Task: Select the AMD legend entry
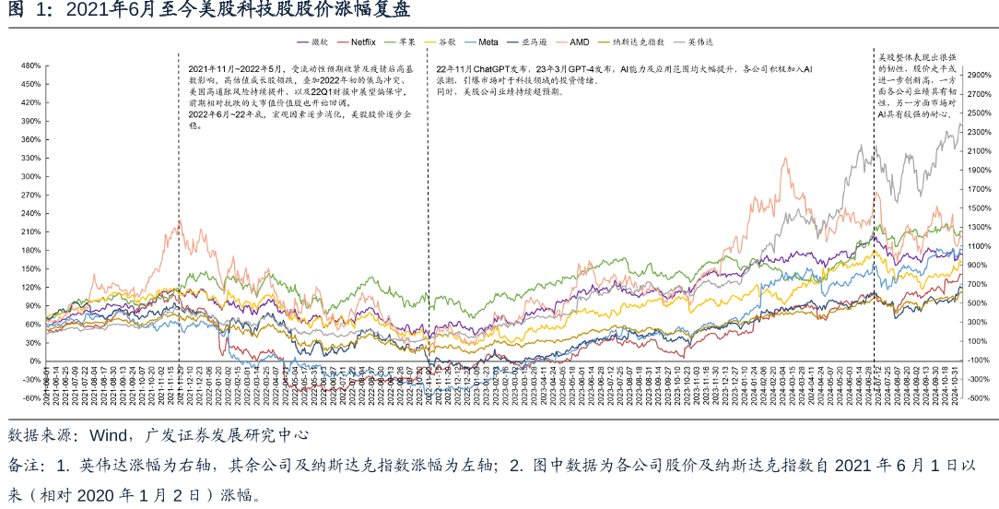pyautogui.click(x=580, y=42)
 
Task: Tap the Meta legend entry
pyautogui.click(x=488, y=42)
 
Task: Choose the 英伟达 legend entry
pyautogui.click(x=701, y=42)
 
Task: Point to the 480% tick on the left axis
pyautogui.click(x=30, y=65)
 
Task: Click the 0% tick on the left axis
pyautogui.click(x=34, y=361)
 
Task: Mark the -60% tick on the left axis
pyautogui.click(x=31, y=398)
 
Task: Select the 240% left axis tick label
pyautogui.click(x=30, y=213)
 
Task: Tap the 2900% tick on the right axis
pyautogui.click(x=979, y=75)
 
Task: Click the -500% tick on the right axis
pyautogui.click(x=978, y=398)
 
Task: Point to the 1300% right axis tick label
pyautogui.click(x=979, y=227)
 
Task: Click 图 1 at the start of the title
pyautogui.click(x=24, y=10)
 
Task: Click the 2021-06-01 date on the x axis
pyautogui.click(x=46, y=385)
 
